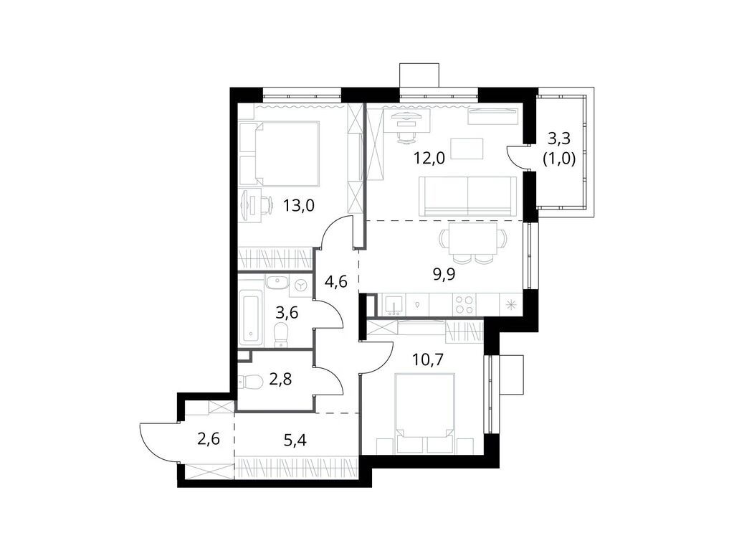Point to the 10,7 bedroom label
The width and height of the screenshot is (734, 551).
click(428, 357)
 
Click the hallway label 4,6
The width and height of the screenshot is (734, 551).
click(336, 281)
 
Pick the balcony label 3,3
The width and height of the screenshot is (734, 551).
click(561, 138)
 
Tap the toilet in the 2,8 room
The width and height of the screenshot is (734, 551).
click(251, 381)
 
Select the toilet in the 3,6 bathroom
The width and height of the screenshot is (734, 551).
click(281, 332)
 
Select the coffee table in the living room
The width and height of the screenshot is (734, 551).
click(467, 149)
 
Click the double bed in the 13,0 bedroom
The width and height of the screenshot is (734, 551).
click(279, 153)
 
